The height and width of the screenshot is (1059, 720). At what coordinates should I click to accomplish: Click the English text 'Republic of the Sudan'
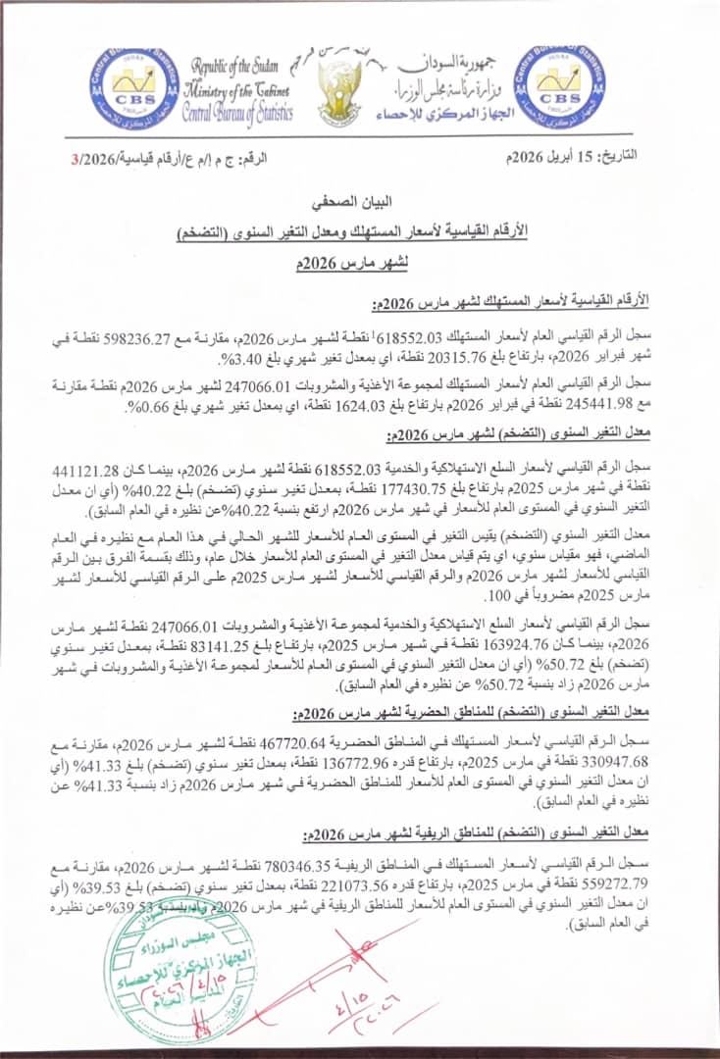[x=235, y=67]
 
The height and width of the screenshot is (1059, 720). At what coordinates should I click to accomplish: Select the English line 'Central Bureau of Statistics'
[x=237, y=113]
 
